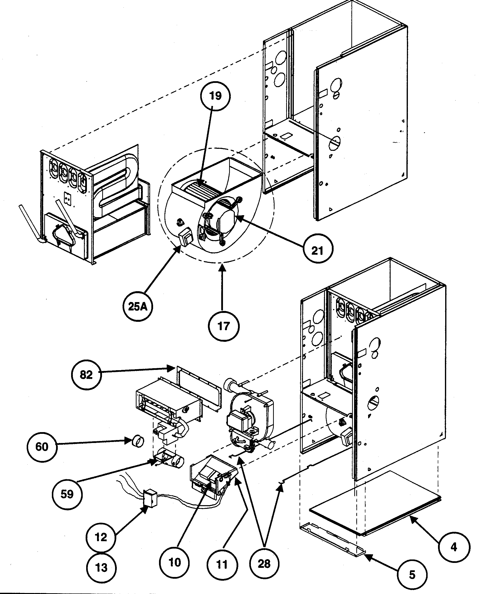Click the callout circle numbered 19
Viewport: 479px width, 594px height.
click(x=215, y=96)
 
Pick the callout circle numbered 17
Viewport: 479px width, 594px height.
click(x=223, y=326)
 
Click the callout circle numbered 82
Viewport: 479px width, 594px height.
click(x=86, y=375)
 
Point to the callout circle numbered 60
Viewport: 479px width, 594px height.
click(x=42, y=446)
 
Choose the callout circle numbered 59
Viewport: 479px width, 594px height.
click(x=67, y=494)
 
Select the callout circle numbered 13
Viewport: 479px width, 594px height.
click(x=101, y=567)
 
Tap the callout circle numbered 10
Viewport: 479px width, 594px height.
click(x=174, y=562)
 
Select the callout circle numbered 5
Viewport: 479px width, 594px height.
click(x=412, y=575)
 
